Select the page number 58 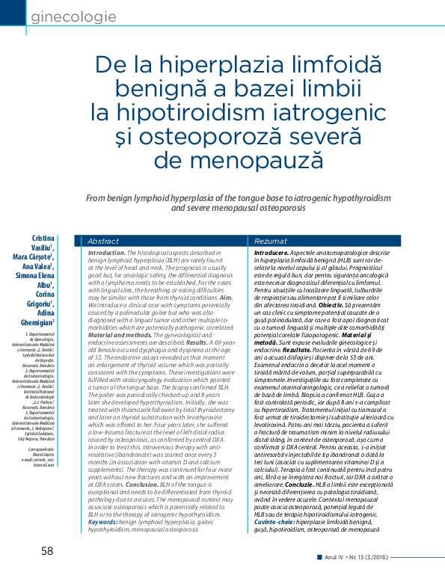[47, 551]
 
